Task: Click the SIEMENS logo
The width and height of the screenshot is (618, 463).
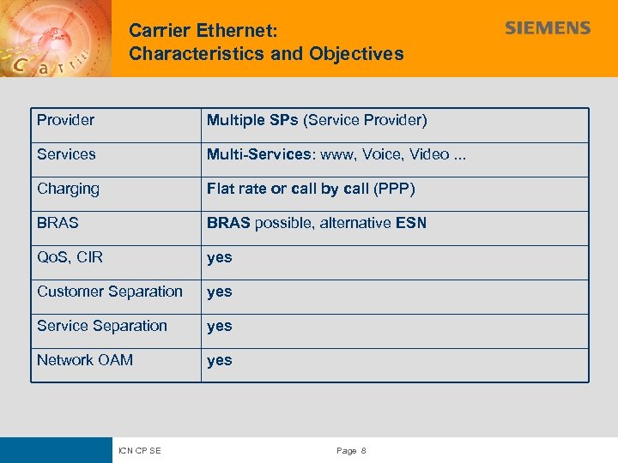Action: click(x=548, y=28)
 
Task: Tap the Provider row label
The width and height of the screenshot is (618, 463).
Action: click(x=65, y=120)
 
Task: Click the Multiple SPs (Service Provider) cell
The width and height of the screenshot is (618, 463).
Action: click(x=317, y=120)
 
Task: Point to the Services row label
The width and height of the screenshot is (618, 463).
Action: click(x=66, y=154)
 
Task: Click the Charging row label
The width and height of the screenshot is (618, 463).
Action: click(x=68, y=189)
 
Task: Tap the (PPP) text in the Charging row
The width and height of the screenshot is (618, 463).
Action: click(x=394, y=189)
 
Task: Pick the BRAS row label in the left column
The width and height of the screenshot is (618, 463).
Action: click(x=58, y=223)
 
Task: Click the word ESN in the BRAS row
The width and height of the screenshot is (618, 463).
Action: click(x=410, y=223)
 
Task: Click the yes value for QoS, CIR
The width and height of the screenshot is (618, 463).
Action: click(x=219, y=257)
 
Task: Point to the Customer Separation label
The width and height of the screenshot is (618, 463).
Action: click(x=110, y=292)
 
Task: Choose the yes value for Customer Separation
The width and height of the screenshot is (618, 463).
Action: click(x=219, y=292)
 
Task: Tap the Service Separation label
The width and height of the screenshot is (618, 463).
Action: click(x=102, y=326)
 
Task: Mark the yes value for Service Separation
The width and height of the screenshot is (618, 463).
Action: click(x=219, y=326)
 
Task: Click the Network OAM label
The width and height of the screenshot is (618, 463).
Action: click(x=85, y=360)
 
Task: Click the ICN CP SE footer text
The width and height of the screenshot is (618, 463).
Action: click(x=140, y=451)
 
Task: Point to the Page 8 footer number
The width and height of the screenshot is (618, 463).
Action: click(x=352, y=451)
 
